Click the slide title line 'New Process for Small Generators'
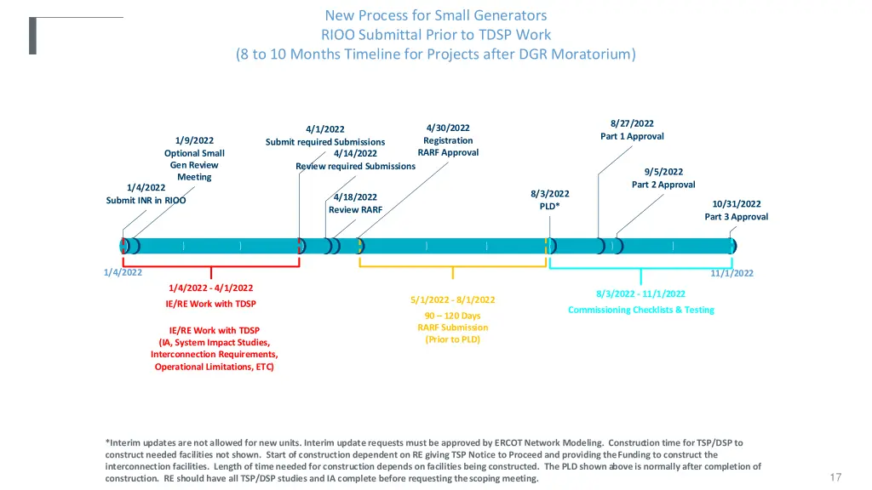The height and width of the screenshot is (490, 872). (435, 15)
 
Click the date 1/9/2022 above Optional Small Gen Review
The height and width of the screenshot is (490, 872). (194, 140)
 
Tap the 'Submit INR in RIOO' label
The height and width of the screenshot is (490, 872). (146, 201)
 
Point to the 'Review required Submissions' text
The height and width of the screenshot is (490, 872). (355, 166)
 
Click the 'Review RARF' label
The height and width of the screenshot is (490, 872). (355, 209)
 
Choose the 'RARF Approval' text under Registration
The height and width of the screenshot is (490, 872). (448, 153)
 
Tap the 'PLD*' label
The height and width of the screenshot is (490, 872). (549, 206)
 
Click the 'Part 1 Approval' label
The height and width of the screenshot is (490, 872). (632, 136)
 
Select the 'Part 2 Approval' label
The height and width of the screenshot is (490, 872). (663, 185)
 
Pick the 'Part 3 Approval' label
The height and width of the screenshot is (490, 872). (736, 217)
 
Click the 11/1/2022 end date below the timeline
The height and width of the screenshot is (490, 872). (731, 273)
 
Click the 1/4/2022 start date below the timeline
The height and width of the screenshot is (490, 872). (123, 272)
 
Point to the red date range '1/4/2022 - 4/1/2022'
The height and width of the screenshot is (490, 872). (210, 288)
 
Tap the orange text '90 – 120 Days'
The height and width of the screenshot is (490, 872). (452, 316)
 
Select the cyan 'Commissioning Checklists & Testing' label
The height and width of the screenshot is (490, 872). (640, 310)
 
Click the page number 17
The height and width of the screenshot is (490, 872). (835, 477)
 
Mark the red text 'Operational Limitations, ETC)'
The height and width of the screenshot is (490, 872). (214, 367)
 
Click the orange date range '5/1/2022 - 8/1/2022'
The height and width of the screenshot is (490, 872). (452, 299)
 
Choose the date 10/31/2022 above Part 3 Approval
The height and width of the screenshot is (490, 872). (736, 204)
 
